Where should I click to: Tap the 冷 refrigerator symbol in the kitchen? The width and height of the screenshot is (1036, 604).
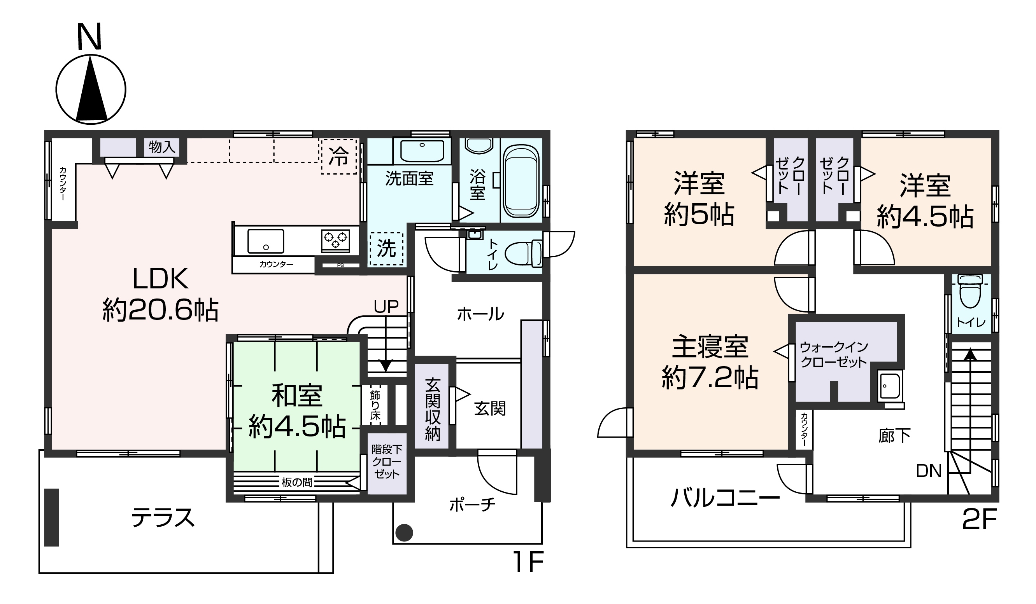coord(339,156)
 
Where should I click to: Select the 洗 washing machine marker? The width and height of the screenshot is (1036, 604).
coord(386,249)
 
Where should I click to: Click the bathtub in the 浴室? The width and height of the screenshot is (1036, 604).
coord(521,182)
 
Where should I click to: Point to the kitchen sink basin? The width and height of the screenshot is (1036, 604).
coord(266,241)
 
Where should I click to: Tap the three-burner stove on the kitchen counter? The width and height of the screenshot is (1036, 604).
coord(335,241)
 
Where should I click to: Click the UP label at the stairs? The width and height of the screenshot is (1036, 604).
coord(386,306)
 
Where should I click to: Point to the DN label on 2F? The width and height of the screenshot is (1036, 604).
coord(929,471)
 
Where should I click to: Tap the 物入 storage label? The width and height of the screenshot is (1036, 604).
coord(162,147)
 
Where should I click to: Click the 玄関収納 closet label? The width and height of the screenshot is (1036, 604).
coord(433,409)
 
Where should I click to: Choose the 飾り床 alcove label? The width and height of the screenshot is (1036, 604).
coord(375,405)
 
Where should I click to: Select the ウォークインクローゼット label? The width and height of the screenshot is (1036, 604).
coord(834,355)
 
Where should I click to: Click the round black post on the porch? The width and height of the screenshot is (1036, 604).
coord(404,533)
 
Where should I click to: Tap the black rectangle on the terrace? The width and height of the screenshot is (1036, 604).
coord(52,517)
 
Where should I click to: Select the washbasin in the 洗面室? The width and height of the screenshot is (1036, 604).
coord(422,151)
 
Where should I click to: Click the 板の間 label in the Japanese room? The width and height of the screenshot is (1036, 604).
coord(296,482)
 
